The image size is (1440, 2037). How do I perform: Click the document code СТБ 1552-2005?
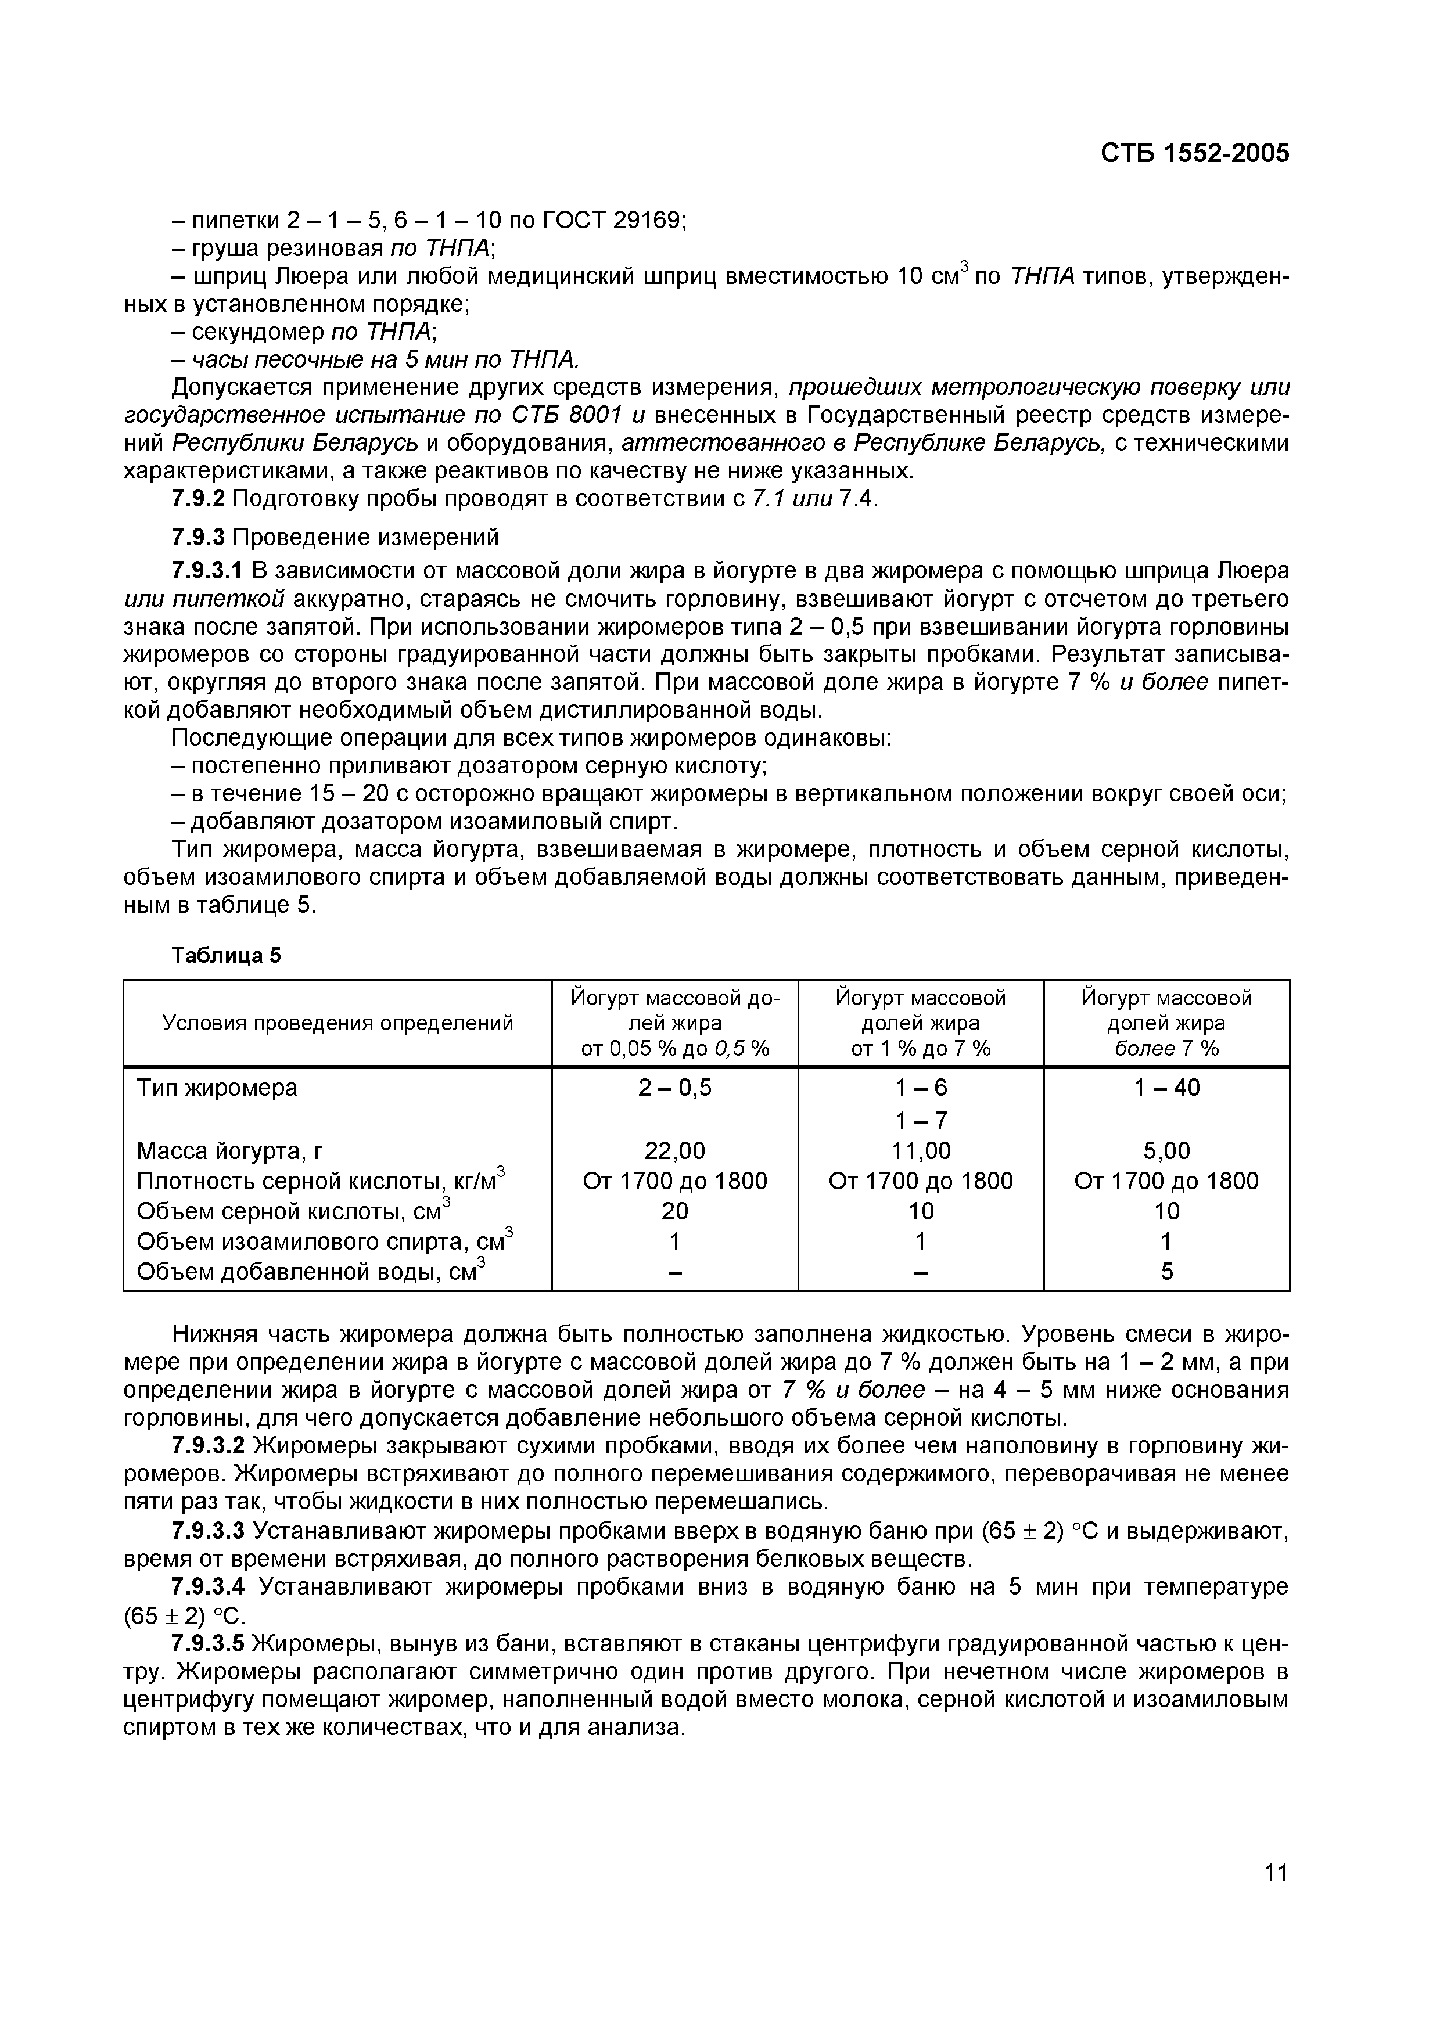tap(1194, 153)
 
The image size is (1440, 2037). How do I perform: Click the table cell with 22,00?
tap(674, 1151)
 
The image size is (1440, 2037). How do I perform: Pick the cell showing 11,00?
tap(920, 1151)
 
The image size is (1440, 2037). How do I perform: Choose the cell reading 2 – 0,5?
tap(674, 1088)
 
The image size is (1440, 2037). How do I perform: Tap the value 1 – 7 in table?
tap(920, 1120)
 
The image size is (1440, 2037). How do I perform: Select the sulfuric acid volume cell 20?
tap(674, 1211)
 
